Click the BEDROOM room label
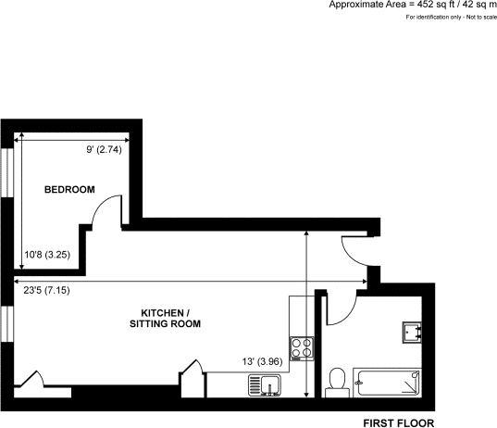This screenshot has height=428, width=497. [70, 190]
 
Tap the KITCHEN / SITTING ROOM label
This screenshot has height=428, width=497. [165, 318]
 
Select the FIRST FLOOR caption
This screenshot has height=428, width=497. [398, 421]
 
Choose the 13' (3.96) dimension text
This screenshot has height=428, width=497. [261, 361]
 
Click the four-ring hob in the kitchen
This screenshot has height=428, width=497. [301, 347]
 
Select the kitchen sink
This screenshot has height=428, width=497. [265, 384]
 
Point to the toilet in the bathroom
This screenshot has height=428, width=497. [338, 381]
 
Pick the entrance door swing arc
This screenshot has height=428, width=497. [354, 250]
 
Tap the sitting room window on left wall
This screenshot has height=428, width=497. [8, 321]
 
